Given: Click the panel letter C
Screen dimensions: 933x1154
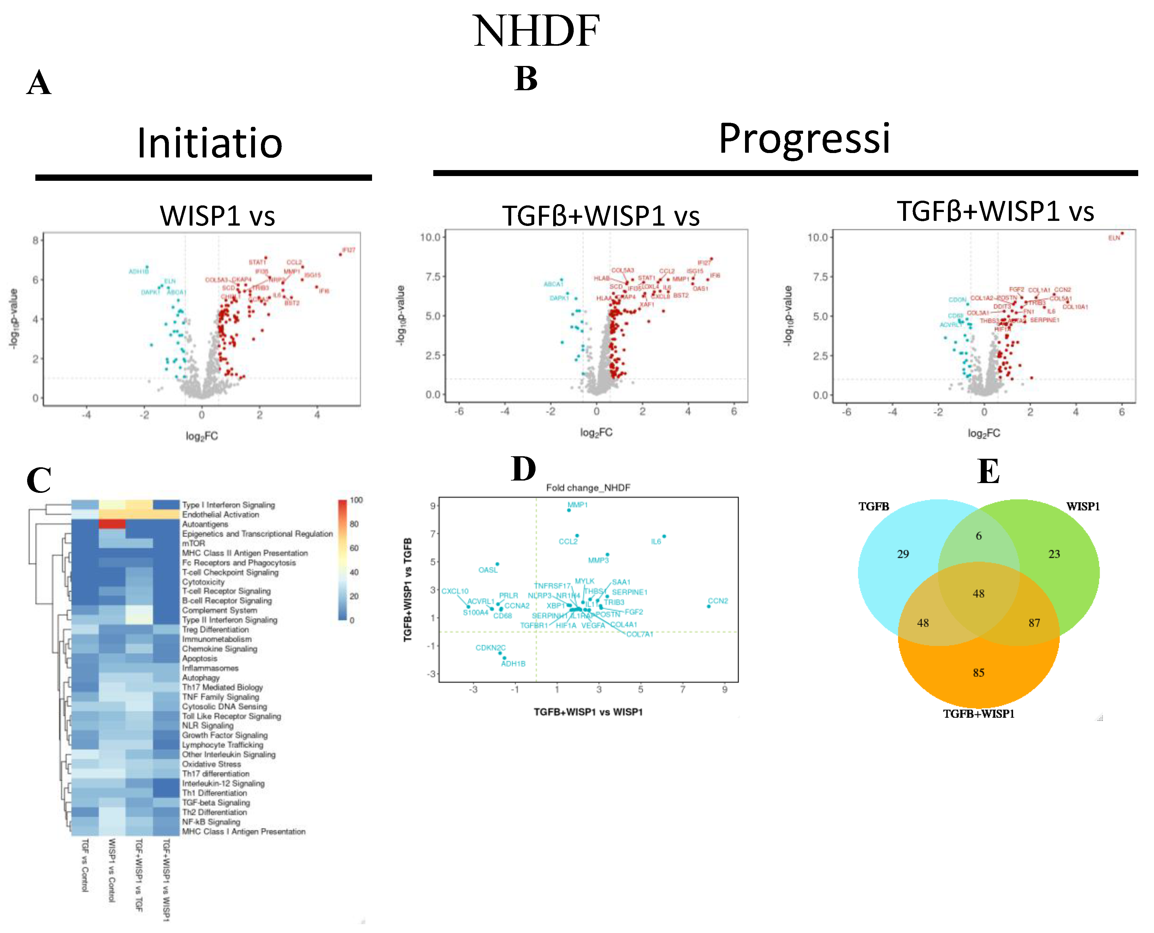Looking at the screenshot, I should click(x=39, y=480).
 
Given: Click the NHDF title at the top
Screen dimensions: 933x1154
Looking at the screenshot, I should click(x=536, y=31).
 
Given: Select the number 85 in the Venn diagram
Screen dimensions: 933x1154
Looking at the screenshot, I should click(x=978, y=673).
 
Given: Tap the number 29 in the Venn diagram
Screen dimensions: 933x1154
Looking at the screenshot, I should click(x=903, y=554).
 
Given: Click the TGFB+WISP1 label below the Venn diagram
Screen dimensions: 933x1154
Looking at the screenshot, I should click(x=978, y=714).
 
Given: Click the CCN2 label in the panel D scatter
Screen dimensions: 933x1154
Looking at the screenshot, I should click(x=718, y=601).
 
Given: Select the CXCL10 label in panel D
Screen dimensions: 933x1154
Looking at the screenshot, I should click(x=455, y=591).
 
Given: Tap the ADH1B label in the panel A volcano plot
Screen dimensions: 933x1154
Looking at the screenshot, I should click(x=139, y=271).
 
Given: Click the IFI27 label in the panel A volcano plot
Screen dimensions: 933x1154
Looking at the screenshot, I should click(x=348, y=250).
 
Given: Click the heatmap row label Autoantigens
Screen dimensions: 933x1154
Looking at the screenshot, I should click(x=205, y=524).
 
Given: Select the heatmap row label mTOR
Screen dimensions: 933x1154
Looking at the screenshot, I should click(x=193, y=543).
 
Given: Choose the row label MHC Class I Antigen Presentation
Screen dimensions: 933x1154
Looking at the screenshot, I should click(x=244, y=831).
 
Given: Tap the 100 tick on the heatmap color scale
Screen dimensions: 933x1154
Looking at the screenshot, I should click(x=356, y=500).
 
